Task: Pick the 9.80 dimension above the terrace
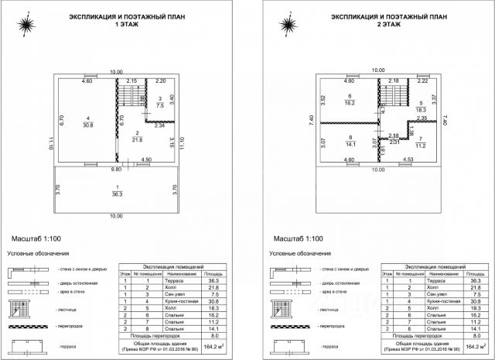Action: point(116,168)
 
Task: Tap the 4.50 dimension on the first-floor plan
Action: point(145,160)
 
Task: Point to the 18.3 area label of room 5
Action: point(421,111)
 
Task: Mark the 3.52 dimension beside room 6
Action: point(322,98)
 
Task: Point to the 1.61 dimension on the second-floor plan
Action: point(384,149)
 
